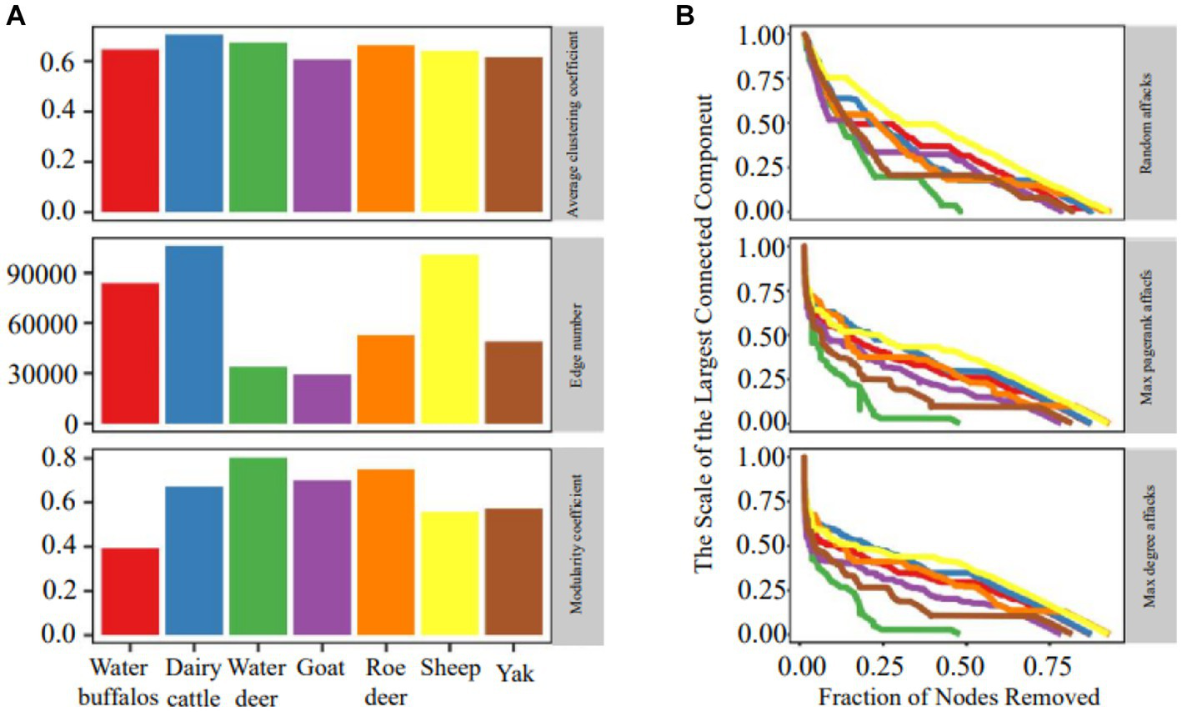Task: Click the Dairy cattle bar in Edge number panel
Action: click(193, 335)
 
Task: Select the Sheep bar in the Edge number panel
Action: click(450, 339)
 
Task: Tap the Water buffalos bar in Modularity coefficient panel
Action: click(130, 591)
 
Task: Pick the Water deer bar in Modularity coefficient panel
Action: click(258, 547)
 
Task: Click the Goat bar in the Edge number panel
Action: click(322, 399)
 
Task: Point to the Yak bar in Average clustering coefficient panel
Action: click(514, 134)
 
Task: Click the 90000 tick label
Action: click(48, 274)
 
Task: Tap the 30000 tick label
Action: click(48, 374)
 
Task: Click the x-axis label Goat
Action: click(321, 669)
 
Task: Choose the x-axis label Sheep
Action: click(450, 669)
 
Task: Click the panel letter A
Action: click(16, 18)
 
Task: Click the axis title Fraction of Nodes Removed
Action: click(959, 696)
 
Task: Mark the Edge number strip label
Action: click(576, 334)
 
